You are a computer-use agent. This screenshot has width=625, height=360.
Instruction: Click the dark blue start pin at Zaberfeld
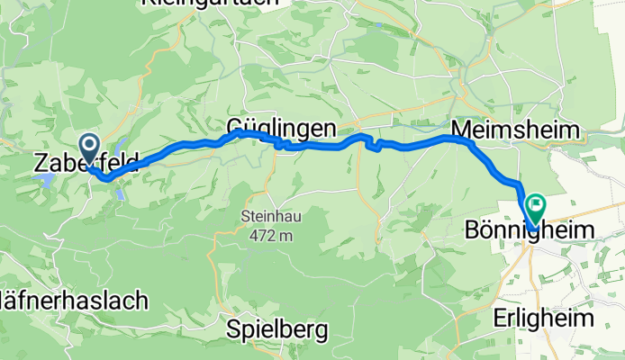(x=90, y=147)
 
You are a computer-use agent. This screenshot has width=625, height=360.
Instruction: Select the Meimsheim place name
(x=515, y=130)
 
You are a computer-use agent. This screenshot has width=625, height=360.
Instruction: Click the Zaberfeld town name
(x=86, y=164)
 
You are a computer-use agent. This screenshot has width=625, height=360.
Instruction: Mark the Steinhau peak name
(x=267, y=217)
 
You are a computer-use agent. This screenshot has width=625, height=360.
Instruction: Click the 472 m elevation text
(x=268, y=236)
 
